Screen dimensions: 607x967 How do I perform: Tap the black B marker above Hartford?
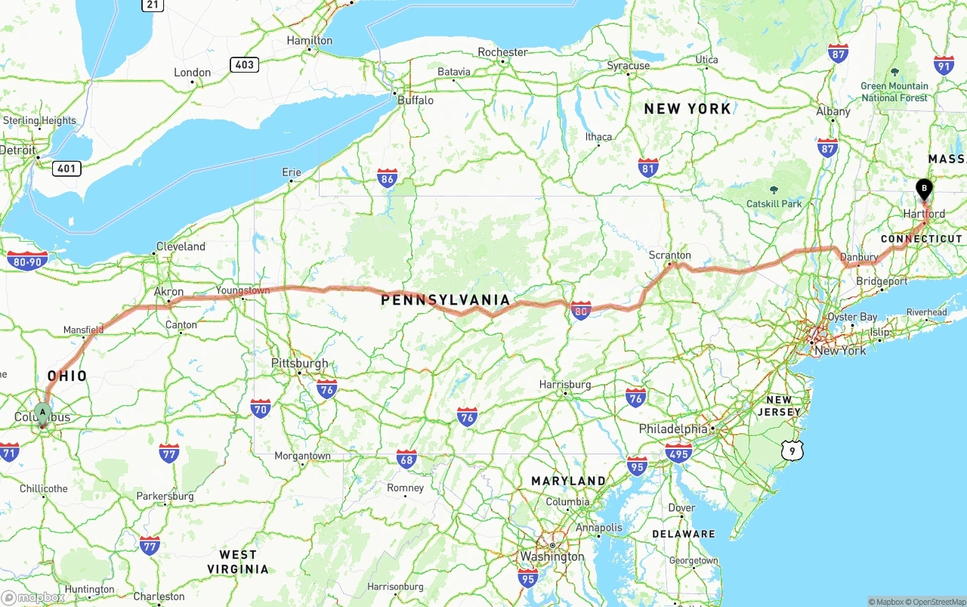924,188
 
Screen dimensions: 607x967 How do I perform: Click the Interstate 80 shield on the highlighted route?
580,311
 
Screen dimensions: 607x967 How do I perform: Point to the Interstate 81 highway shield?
648,168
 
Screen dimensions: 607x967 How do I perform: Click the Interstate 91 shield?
944,65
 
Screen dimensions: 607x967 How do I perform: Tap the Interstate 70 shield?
261,409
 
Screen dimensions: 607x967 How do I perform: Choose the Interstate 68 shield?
406,459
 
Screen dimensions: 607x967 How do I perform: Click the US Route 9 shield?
792,451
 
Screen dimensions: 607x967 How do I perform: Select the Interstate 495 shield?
679,454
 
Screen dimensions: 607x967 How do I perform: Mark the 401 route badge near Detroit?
66,168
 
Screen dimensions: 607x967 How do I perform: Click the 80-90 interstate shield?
27,262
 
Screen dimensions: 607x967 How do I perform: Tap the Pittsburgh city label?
300,364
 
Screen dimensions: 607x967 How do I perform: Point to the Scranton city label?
669,255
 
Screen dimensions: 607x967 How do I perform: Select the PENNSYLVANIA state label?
446,300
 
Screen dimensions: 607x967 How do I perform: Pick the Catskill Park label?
774,203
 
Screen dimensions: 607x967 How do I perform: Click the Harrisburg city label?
564,384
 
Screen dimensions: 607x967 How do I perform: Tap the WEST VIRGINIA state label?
238,562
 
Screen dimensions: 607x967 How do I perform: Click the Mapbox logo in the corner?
33,597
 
